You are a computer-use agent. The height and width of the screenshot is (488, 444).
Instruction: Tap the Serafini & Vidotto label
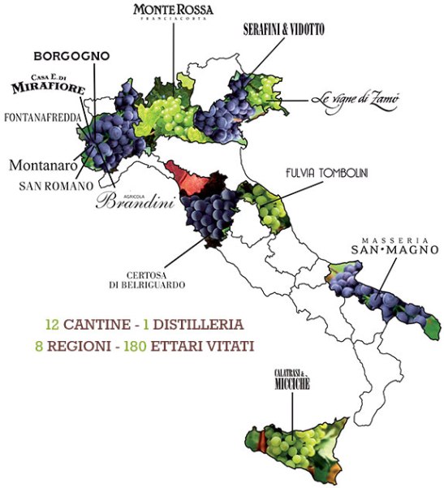click(x=283, y=29)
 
